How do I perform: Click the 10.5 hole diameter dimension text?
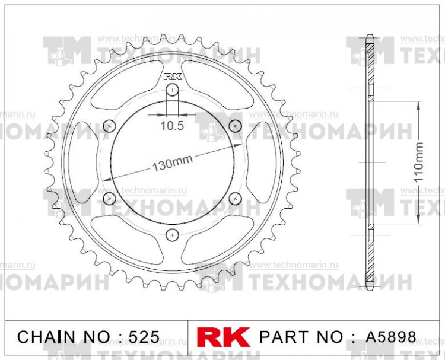tap(172, 125)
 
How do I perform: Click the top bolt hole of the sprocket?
tap(172, 90)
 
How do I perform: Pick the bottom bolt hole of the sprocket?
tap(172, 234)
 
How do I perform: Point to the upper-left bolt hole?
tap(109, 126)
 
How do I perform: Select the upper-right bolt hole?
tap(235, 126)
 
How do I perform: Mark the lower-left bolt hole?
tap(109, 198)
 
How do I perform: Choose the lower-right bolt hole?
tap(235, 198)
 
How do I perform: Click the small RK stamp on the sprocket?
tap(172, 76)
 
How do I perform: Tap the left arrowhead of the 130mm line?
tap(105, 179)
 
